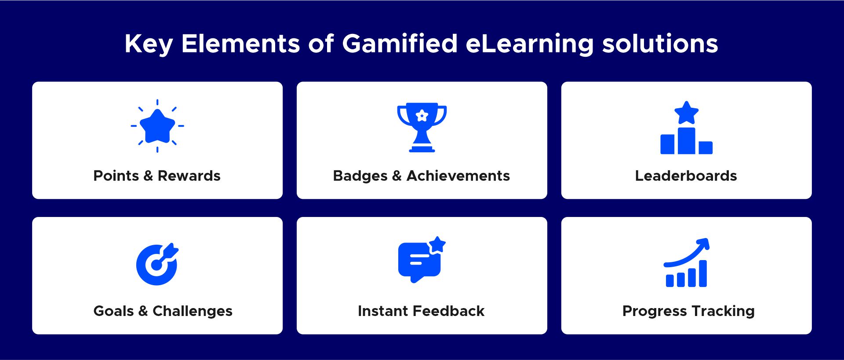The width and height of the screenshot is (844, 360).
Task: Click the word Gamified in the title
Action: pyautogui.click(x=400, y=44)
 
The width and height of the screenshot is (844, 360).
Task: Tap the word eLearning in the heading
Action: pyautogui.click(x=530, y=44)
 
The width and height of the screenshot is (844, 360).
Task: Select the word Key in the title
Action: pyautogui.click(x=149, y=44)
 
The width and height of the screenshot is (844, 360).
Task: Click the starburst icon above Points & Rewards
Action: pyautogui.click(x=157, y=126)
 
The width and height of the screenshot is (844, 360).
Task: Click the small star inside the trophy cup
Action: pyautogui.click(x=422, y=116)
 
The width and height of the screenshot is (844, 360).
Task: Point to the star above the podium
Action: pyautogui.click(x=686, y=113)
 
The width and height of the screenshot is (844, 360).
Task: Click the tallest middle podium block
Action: pyautogui.click(x=687, y=141)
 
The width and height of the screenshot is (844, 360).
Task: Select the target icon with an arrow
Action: pyautogui.click(x=157, y=264)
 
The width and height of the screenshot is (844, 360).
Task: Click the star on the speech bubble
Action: pyautogui.click(x=437, y=245)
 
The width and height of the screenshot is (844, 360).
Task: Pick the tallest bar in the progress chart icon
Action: pyautogui.click(x=702, y=273)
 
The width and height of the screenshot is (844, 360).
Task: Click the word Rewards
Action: pyautogui.click(x=189, y=176)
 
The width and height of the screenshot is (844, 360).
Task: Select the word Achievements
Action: pyautogui.click(x=458, y=176)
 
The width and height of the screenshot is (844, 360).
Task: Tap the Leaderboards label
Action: pyautogui.click(x=686, y=176)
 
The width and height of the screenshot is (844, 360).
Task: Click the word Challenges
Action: pyautogui.click(x=193, y=312)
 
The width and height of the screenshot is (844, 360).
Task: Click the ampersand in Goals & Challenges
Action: pyautogui.click(x=143, y=311)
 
